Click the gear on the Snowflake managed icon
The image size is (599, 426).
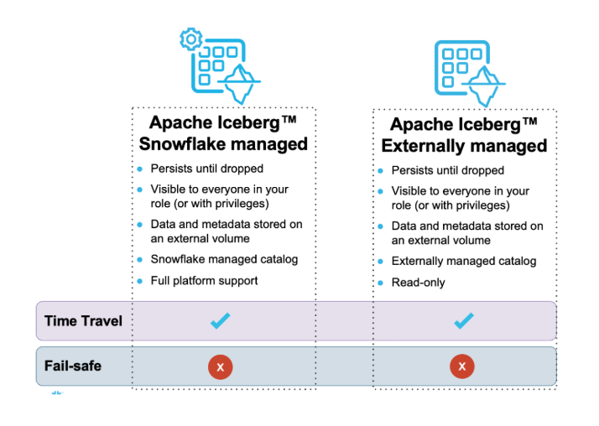point(190,39)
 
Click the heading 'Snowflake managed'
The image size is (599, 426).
point(223,144)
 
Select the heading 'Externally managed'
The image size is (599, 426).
point(464,146)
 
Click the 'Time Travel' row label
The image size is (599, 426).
point(83,321)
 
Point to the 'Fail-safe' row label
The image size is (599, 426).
point(73,366)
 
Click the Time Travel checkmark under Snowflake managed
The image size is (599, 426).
point(221,320)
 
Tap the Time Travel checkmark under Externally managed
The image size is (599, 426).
point(464,320)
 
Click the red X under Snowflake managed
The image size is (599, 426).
point(221,366)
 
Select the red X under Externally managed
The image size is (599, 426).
point(462,366)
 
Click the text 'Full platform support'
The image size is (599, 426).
point(204,281)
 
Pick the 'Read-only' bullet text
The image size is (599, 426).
point(419,283)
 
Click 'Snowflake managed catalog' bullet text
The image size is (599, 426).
point(224,260)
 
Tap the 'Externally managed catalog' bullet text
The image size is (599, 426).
point(464,262)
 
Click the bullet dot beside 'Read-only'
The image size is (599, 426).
point(380,283)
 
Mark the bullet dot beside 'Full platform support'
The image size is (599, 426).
point(140,281)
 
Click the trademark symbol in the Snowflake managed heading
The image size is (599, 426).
point(289,119)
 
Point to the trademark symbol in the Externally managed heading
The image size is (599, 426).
point(530,122)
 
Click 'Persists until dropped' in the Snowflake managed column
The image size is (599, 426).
point(207,169)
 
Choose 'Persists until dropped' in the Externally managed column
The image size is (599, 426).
point(448,170)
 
